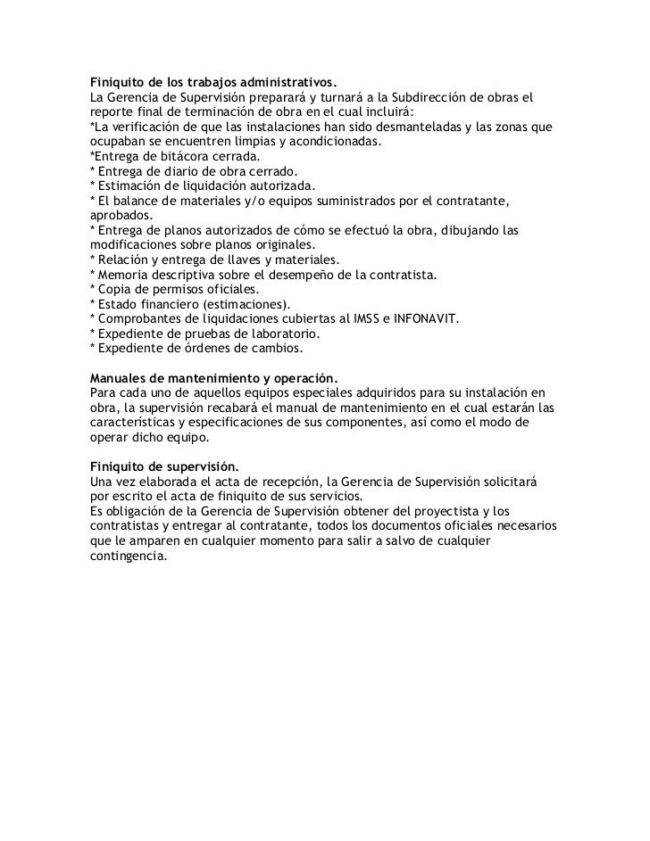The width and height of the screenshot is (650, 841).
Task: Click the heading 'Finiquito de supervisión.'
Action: (165, 465)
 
